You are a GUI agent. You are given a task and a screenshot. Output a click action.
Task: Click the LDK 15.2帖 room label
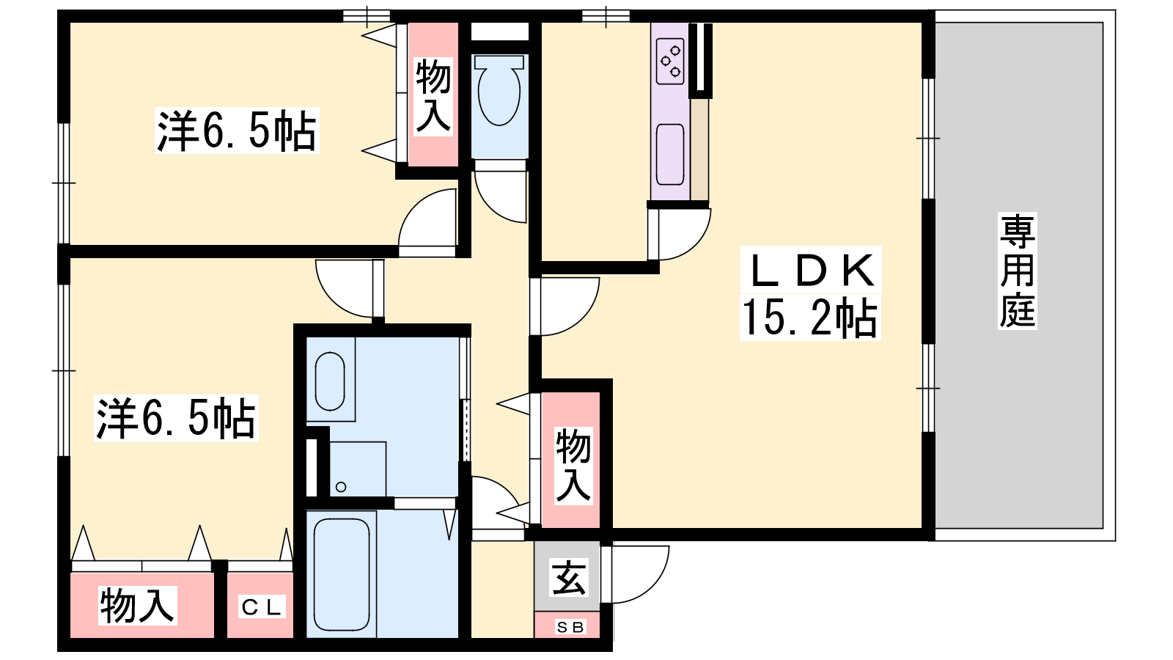click(x=811, y=294)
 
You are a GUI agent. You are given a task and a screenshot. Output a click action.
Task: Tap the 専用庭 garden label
click(x=1018, y=271)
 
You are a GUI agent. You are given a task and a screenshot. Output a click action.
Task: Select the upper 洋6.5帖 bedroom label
click(x=237, y=131)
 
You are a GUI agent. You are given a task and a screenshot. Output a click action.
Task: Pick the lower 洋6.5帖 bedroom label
click(x=176, y=418)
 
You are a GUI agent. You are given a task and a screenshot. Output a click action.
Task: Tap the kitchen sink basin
click(x=670, y=155)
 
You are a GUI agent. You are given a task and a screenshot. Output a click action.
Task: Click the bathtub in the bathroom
click(x=342, y=576)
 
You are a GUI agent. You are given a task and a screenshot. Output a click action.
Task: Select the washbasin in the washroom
click(x=330, y=381)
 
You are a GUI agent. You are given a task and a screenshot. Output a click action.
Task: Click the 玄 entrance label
click(x=569, y=578)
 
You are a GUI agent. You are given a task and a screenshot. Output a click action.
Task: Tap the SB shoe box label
click(x=570, y=627)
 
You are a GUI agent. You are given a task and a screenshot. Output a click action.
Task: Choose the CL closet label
click(x=261, y=608)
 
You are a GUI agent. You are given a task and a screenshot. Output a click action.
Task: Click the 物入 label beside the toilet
click(x=433, y=96)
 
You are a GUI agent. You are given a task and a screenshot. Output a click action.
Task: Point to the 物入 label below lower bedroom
click(x=137, y=606)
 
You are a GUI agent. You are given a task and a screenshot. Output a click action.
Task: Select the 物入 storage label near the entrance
click(x=573, y=465)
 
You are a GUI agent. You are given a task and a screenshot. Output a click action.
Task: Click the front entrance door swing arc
click(x=635, y=575)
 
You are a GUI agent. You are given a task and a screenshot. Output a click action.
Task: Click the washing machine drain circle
click(x=341, y=487)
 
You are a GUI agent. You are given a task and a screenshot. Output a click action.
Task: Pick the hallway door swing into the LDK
click(x=565, y=307)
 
